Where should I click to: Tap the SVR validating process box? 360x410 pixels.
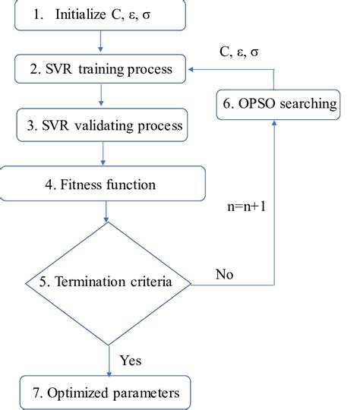(x=103, y=125)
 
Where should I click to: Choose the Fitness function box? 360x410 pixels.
(x=103, y=183)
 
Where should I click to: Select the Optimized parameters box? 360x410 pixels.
(x=105, y=394)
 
